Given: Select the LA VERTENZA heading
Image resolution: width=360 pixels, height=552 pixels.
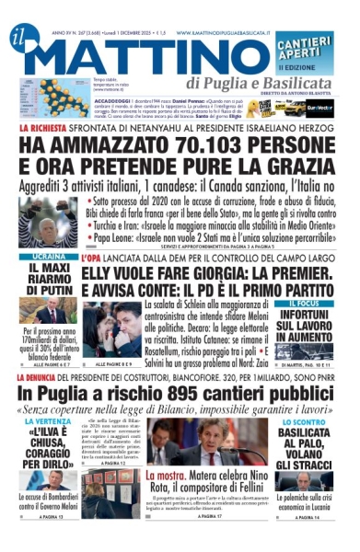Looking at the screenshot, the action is tap(48, 422).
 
